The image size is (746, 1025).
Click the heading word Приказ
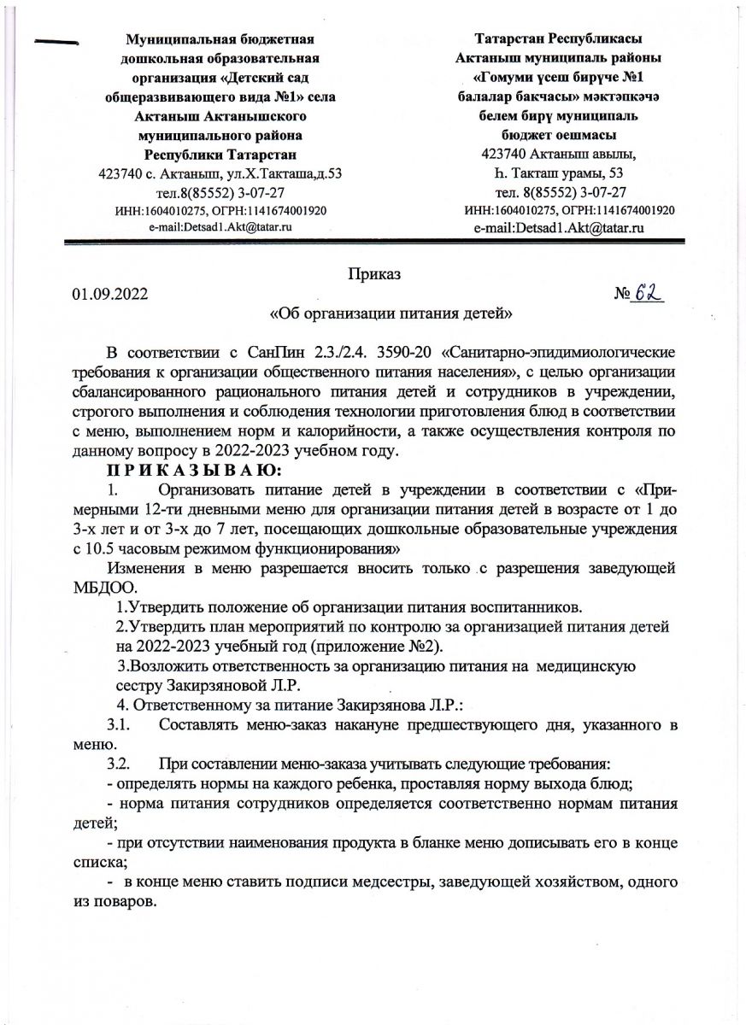pyautogui.click(x=374, y=274)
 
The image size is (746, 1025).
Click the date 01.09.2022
pyautogui.click(x=109, y=295)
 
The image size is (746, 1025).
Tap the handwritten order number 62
pyautogui.click(x=648, y=292)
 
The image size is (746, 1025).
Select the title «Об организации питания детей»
pyautogui.click(x=391, y=313)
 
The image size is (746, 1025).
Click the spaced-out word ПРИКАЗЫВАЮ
pyautogui.click(x=188, y=469)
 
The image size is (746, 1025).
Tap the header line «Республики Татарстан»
pyautogui.click(x=220, y=155)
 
